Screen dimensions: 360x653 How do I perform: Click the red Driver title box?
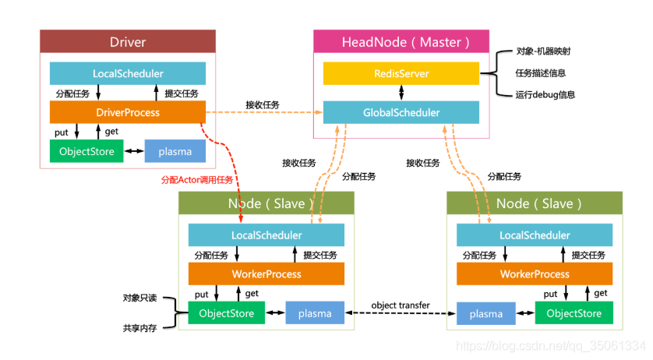[128, 42]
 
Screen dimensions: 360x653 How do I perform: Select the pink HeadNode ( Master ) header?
[401, 42]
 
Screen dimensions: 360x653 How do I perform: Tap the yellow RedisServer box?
[401, 73]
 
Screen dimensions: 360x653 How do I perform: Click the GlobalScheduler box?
[401, 112]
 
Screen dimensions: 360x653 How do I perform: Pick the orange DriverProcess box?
[128, 112]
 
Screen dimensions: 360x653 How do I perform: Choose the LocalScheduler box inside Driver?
[128, 73]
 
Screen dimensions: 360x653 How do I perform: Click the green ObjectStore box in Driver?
[86, 151]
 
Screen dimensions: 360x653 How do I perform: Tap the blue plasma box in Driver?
[175, 151]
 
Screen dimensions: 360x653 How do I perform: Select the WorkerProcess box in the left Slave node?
[266, 274]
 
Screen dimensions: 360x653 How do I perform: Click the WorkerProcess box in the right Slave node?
[535, 274]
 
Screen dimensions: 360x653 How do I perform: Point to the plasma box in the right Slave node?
[486, 313]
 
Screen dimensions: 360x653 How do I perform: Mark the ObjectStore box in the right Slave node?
[574, 313]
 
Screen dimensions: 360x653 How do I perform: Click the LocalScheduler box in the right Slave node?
[535, 235]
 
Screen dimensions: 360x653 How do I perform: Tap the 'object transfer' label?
[401, 305]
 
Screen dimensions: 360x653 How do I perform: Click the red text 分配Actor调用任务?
[197, 180]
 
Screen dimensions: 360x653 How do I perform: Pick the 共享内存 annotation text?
[139, 328]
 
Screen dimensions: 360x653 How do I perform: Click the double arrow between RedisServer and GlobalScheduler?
[401, 93]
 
